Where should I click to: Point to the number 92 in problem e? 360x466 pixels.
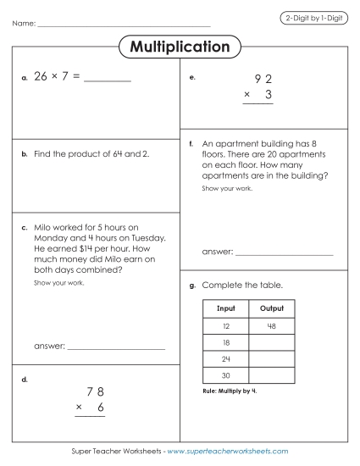tap(263, 80)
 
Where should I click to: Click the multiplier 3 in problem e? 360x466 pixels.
tap(269, 96)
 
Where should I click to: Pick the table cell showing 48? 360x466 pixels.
tap(272, 325)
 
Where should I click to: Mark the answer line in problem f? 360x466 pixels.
tap(284, 254)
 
